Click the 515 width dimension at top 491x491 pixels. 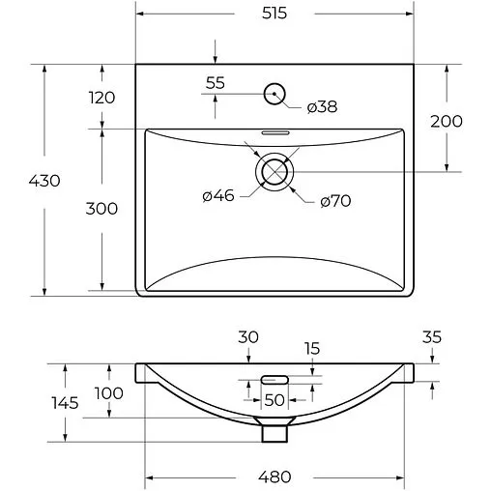[274, 14]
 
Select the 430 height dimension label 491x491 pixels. [45, 180]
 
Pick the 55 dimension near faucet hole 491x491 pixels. [215, 83]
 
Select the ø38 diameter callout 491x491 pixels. [322, 107]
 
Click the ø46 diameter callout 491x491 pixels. [218, 196]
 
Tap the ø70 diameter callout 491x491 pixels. [334, 201]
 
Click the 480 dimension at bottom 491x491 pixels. [275, 476]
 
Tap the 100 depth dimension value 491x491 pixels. [108, 392]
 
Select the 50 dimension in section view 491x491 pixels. [274, 400]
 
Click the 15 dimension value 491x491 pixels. [311, 349]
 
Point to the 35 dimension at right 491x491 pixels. [432, 337]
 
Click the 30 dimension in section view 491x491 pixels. [249, 337]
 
